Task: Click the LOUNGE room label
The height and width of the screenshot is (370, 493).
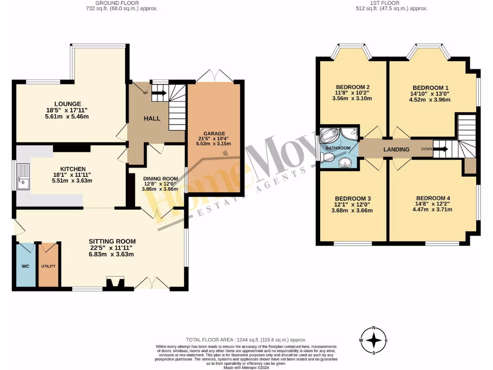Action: [67, 104]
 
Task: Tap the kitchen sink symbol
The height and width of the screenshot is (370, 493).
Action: [22, 176]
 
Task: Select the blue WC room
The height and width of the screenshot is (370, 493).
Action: [25, 266]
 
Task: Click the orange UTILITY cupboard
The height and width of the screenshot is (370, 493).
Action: [49, 266]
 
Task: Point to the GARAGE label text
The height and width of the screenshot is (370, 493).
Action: [214, 133]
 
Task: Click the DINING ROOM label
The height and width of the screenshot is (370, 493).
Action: [160, 178]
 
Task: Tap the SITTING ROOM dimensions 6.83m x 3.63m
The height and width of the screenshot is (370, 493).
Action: [112, 254]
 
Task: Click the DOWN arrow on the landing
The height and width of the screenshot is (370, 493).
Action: [441, 149]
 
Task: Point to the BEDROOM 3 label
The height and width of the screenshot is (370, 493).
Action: [353, 198]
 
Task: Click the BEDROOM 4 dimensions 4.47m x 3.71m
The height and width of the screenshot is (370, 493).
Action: [428, 211]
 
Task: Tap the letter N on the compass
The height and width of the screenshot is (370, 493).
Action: [374, 329]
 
